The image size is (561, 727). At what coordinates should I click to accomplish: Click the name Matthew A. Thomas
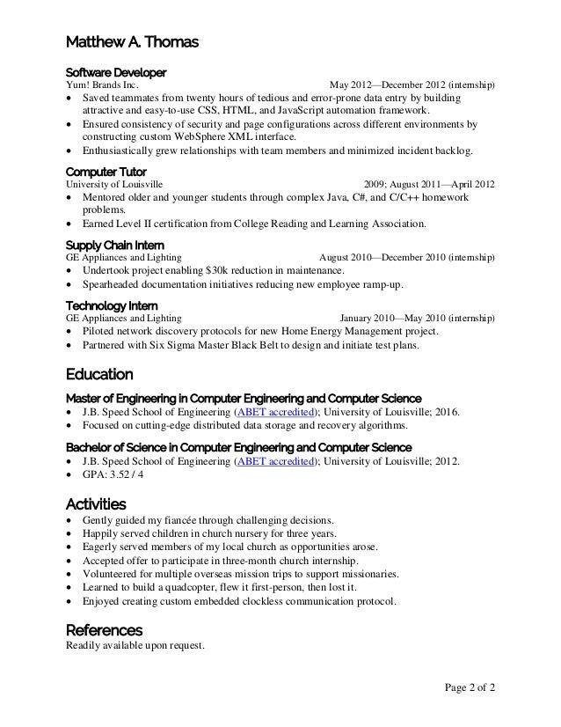coord(127,41)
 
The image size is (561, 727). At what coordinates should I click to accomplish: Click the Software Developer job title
coord(117,71)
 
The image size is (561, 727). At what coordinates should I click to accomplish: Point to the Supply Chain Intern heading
coord(113,244)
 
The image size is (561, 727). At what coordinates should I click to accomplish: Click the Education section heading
coord(100,374)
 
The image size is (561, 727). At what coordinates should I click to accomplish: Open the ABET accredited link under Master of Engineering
coord(276,412)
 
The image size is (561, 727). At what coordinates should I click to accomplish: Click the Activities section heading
coord(96,504)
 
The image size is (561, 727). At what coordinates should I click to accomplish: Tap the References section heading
coord(105,630)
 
